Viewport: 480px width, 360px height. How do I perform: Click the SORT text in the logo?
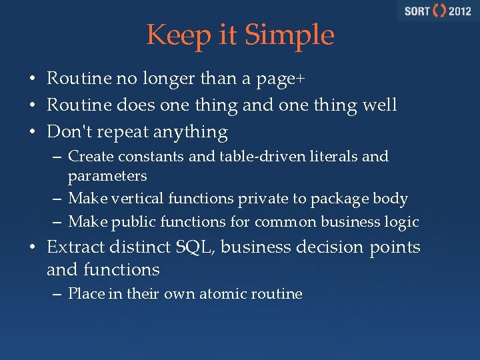tap(417, 11)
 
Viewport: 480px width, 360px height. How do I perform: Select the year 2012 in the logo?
tap(460, 11)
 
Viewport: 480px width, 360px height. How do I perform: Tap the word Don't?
tap(70, 131)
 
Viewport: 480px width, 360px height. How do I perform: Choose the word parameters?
tap(107, 177)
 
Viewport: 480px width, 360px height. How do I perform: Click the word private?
tap(255, 199)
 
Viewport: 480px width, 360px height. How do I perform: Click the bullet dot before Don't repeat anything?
tap(32, 132)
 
